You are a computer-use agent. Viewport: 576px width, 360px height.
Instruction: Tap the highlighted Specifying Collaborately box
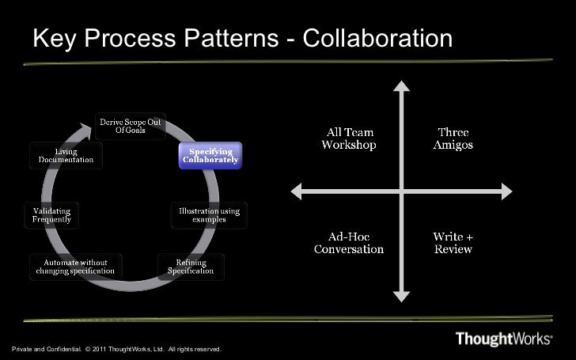tap(210, 156)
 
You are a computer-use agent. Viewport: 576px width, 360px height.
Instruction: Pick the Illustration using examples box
tap(208, 214)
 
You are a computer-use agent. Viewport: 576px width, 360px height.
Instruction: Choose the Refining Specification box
tap(190, 266)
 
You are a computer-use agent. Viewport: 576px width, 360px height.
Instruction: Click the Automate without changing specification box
tap(77, 267)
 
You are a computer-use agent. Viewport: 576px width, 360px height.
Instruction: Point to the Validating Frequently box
tap(51, 214)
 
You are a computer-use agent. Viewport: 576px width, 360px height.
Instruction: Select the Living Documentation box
tap(66, 155)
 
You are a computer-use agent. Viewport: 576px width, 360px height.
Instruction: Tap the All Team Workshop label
tap(348, 138)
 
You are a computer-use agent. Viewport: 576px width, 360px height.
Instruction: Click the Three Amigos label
tap(453, 138)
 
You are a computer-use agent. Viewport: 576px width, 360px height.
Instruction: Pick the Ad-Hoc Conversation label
tap(349, 243)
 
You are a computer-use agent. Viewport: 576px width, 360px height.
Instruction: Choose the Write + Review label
tap(453, 243)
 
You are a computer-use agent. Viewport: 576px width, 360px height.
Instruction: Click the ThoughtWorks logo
tap(504, 339)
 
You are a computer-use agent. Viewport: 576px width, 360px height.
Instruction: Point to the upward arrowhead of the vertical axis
tap(401, 85)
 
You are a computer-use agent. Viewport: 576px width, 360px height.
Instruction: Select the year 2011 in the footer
tap(99, 349)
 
